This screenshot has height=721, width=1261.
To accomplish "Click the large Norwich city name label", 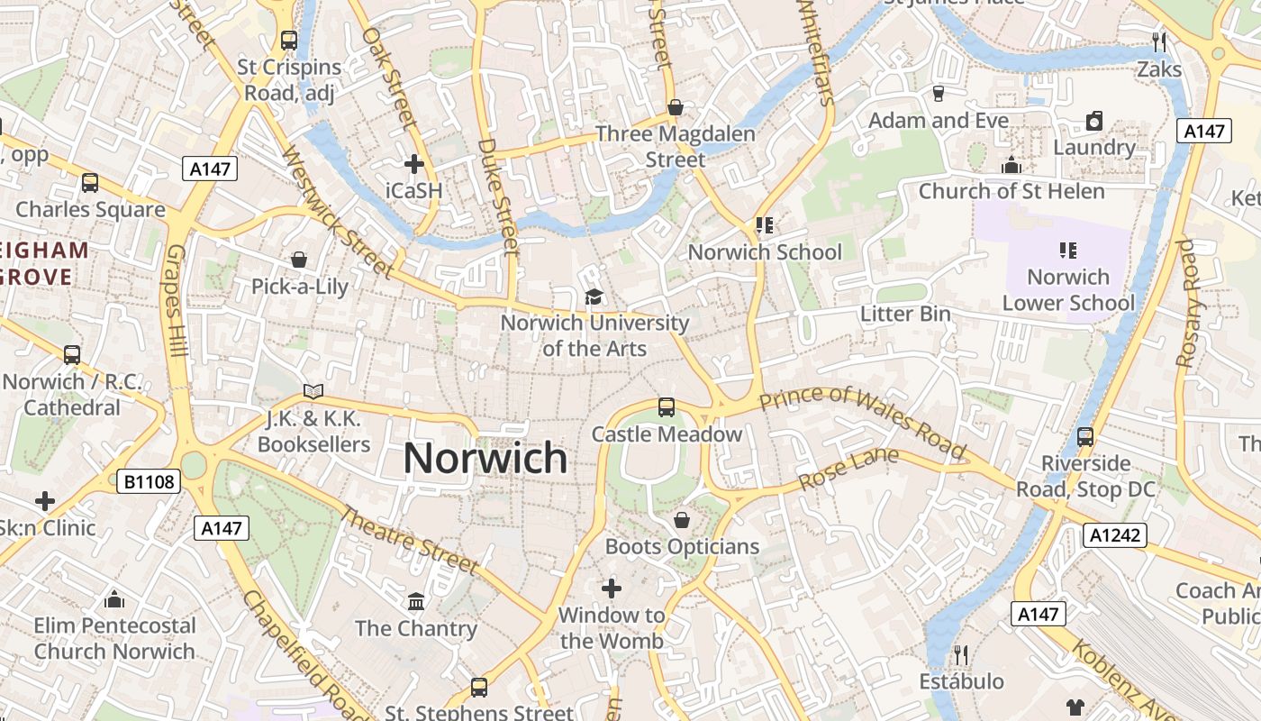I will pyautogui.click(x=485, y=459).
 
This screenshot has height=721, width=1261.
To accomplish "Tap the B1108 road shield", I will pyautogui.click(x=149, y=482).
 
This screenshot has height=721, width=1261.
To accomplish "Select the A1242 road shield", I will pyautogui.click(x=1114, y=535).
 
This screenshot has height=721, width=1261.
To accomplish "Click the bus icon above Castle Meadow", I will pyautogui.click(x=666, y=407).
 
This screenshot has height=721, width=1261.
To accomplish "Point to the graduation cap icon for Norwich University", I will pyautogui.click(x=594, y=297).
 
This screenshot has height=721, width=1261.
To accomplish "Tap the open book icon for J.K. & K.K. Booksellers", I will pyautogui.click(x=313, y=391).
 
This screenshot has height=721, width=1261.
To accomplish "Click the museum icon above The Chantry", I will pyautogui.click(x=416, y=601).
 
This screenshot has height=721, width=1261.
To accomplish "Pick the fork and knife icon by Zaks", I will pyautogui.click(x=1159, y=41).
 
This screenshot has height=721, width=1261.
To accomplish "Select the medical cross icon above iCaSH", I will pyautogui.click(x=414, y=164).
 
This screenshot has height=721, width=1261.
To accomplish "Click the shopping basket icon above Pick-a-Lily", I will pyautogui.click(x=299, y=260).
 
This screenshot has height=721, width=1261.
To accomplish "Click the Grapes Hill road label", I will pyautogui.click(x=177, y=300).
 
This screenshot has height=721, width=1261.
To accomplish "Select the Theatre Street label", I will pyautogui.click(x=410, y=541).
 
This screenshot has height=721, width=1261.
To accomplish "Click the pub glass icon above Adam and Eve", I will pyautogui.click(x=939, y=93).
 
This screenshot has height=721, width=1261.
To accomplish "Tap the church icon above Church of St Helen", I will pyautogui.click(x=1011, y=165).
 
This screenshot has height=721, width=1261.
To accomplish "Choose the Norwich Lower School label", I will pyautogui.click(x=1068, y=289).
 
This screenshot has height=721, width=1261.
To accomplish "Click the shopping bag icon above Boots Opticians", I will pyautogui.click(x=682, y=520).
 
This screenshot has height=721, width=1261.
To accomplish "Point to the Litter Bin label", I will pyautogui.click(x=905, y=314).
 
